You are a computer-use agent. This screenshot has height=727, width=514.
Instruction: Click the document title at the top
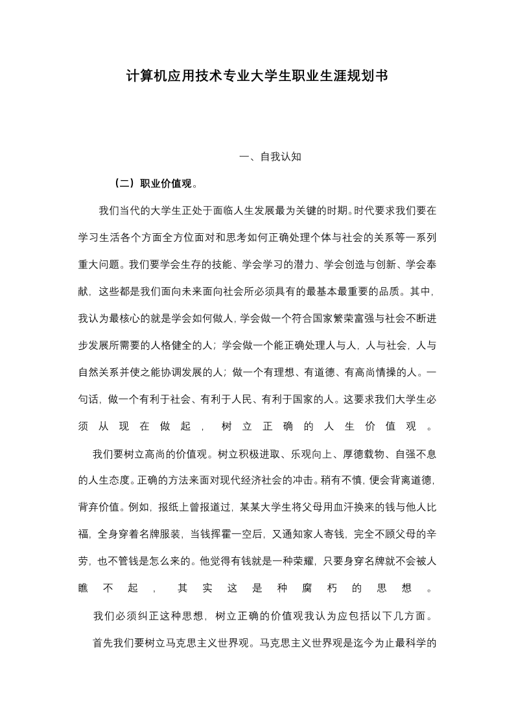point(257,76)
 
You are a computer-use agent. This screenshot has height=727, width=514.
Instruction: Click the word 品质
point(391,292)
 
